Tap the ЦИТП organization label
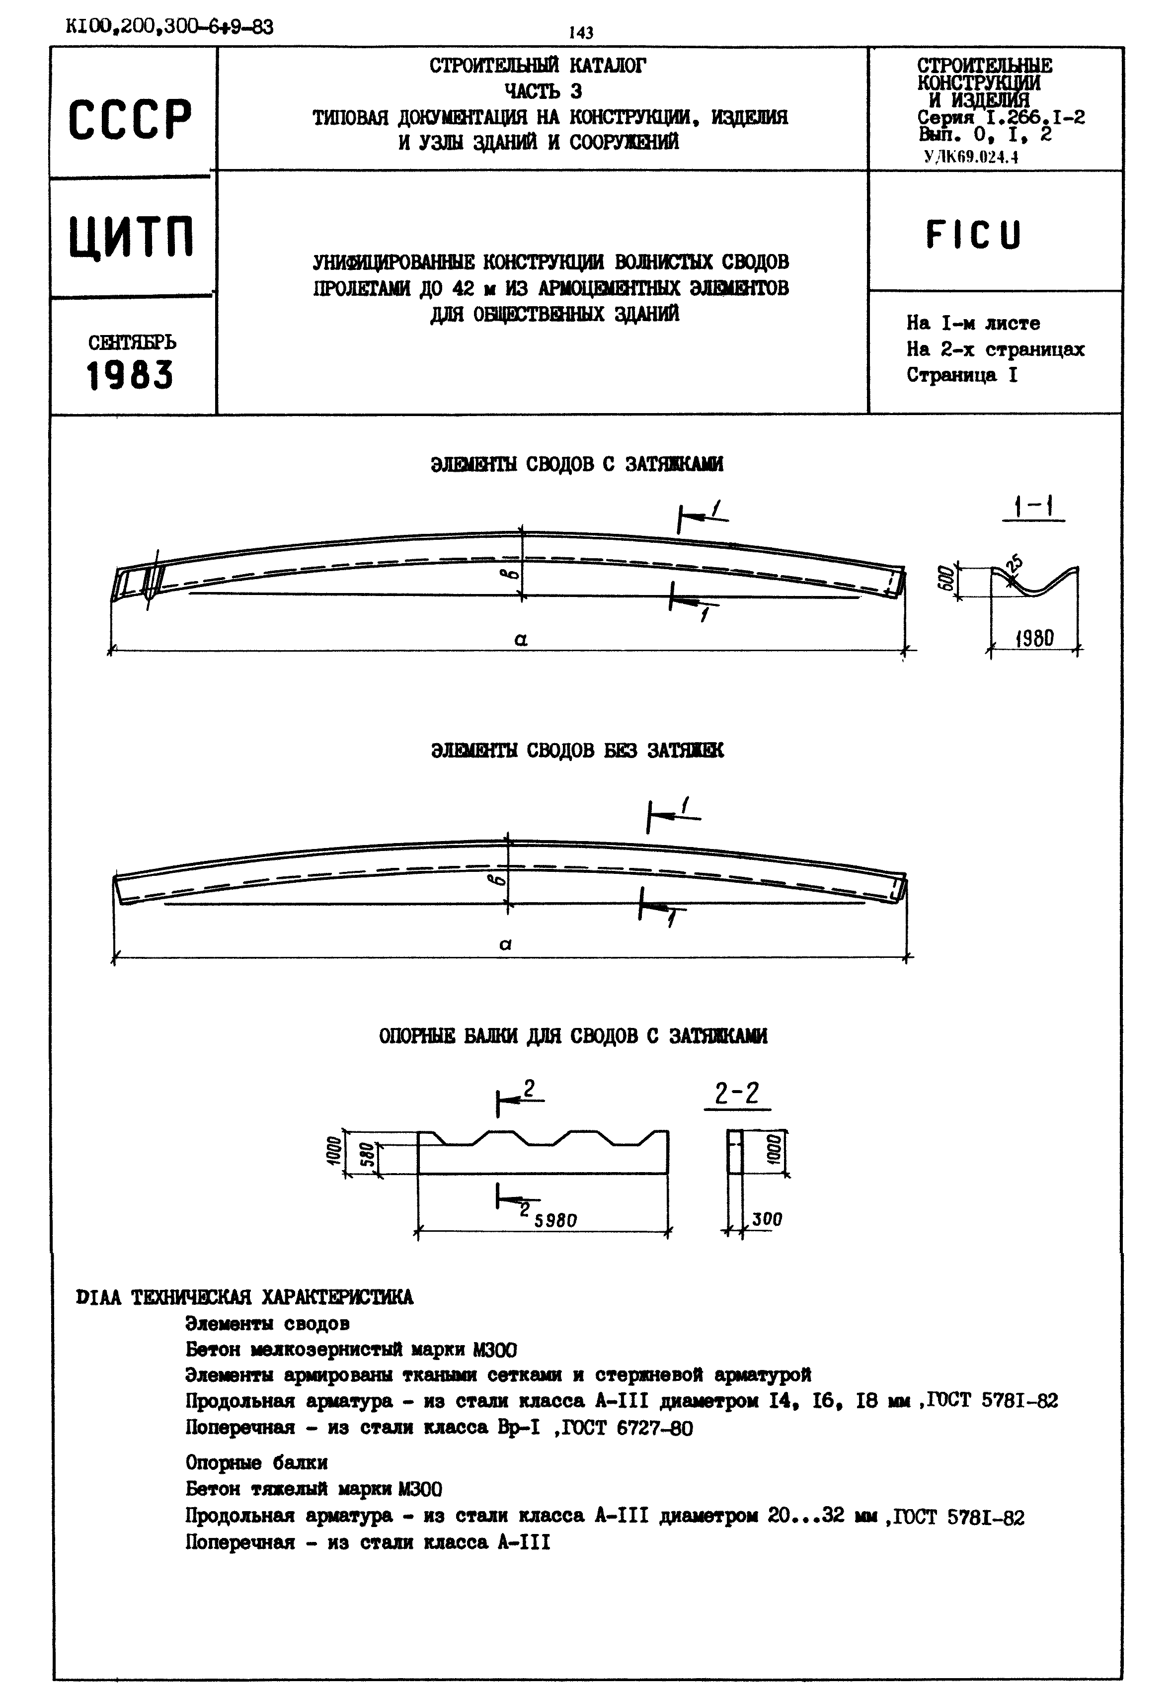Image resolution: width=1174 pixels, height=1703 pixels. pos(132,238)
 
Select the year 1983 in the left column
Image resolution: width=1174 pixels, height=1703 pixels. pos(130,375)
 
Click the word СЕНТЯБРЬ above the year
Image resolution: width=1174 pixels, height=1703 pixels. pos(132,343)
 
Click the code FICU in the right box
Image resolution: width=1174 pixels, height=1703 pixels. pos(973,235)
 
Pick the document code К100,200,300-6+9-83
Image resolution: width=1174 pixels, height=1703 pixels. pos(169,27)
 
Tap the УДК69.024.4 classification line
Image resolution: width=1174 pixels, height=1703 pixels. pos(971,156)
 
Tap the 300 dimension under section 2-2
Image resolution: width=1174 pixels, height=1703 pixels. pos(767,1219)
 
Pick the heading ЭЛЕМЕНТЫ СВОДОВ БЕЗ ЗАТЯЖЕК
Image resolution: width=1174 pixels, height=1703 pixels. pos(577,750)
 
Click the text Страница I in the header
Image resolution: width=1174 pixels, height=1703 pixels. pos(961,375)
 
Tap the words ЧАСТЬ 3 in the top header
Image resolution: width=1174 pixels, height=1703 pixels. pos(543,91)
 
